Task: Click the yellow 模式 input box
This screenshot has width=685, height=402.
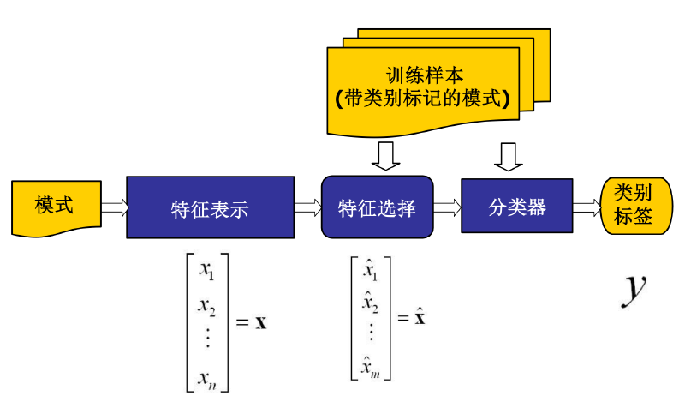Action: (56, 207)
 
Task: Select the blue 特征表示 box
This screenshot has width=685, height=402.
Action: (210, 207)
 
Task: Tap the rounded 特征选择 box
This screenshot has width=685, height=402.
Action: (377, 207)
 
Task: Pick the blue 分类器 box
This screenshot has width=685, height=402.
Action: (517, 206)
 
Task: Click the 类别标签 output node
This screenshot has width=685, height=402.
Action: (636, 206)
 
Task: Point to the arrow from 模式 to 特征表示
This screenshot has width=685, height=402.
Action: (115, 207)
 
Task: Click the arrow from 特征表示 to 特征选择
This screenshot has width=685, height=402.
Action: (308, 207)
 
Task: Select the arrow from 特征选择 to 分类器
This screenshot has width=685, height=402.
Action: (447, 207)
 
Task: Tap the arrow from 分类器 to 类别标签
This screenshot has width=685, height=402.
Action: (587, 207)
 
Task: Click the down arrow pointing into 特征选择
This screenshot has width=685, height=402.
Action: (386, 156)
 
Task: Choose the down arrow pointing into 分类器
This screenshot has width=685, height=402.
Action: (508, 157)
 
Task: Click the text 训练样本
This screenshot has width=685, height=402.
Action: (424, 75)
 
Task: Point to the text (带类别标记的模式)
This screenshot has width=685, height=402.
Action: (422, 99)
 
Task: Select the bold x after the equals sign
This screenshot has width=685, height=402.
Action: (261, 323)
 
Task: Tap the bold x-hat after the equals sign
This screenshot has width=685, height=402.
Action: (420, 316)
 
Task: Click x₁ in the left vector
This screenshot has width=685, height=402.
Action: (206, 271)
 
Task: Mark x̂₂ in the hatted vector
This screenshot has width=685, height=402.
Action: (371, 302)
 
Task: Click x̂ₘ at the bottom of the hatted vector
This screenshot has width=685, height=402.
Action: (371, 367)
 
